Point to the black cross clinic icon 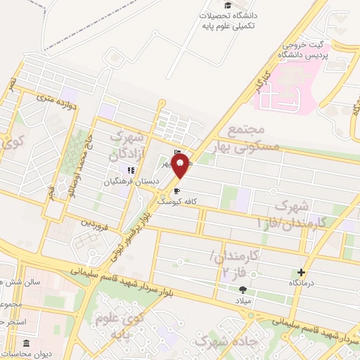click(x=302, y=272)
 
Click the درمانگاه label click(x=302, y=282)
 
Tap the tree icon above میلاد click(x=243, y=289)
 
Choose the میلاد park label click(x=243, y=300)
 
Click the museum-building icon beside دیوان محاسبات click(x=27, y=344)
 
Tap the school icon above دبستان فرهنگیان click(x=129, y=169)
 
